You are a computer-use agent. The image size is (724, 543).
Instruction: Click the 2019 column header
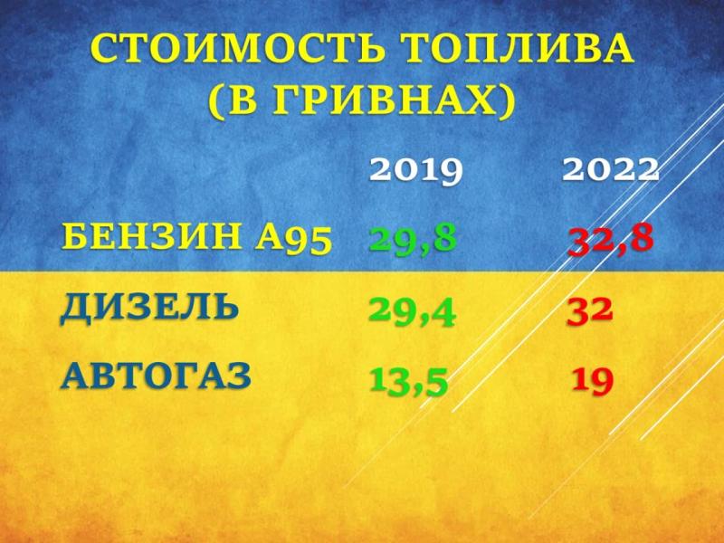(415, 170)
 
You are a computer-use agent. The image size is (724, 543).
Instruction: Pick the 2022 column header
(610, 170)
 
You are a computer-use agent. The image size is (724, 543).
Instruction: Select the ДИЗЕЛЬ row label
(149, 307)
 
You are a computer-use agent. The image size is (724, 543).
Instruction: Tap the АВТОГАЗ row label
(156, 376)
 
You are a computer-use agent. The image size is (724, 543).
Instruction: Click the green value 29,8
(413, 241)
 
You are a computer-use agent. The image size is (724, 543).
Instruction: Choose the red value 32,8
(610, 241)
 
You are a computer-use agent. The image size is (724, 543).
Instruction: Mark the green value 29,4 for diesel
(412, 311)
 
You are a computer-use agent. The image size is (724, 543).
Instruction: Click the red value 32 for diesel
(590, 310)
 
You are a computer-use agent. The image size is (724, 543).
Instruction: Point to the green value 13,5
(408, 381)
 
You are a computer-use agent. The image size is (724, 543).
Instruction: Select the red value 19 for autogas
(593, 381)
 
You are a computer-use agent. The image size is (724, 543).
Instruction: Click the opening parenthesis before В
(216, 100)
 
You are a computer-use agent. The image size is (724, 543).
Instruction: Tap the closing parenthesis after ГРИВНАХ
(507, 100)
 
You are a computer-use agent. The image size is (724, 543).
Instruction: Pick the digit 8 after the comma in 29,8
(442, 238)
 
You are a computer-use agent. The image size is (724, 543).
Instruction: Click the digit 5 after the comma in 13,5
(433, 381)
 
